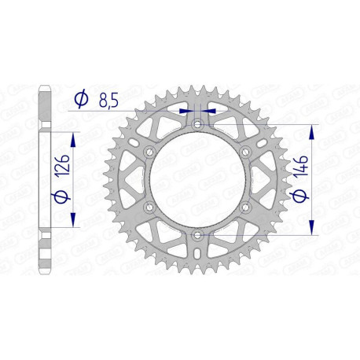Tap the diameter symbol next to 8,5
pyautogui.click(x=80, y=100)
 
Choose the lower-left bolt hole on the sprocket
pyautogui.click(x=148, y=207)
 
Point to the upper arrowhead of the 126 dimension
pyautogui.click(x=74, y=138)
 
